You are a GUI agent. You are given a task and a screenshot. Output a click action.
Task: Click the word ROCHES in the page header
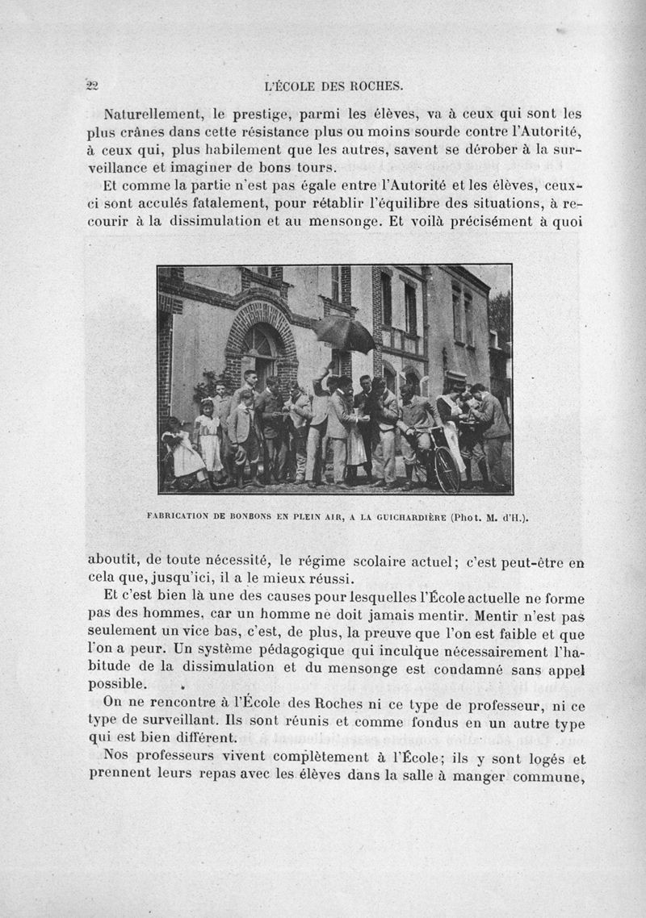pyautogui.click(x=378, y=85)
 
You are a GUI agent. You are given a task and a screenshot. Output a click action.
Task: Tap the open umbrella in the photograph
pyautogui.click(x=344, y=332)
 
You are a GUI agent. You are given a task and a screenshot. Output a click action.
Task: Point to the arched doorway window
pyautogui.click(x=260, y=347)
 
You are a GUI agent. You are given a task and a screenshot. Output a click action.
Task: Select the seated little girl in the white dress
pyautogui.click(x=181, y=452)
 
